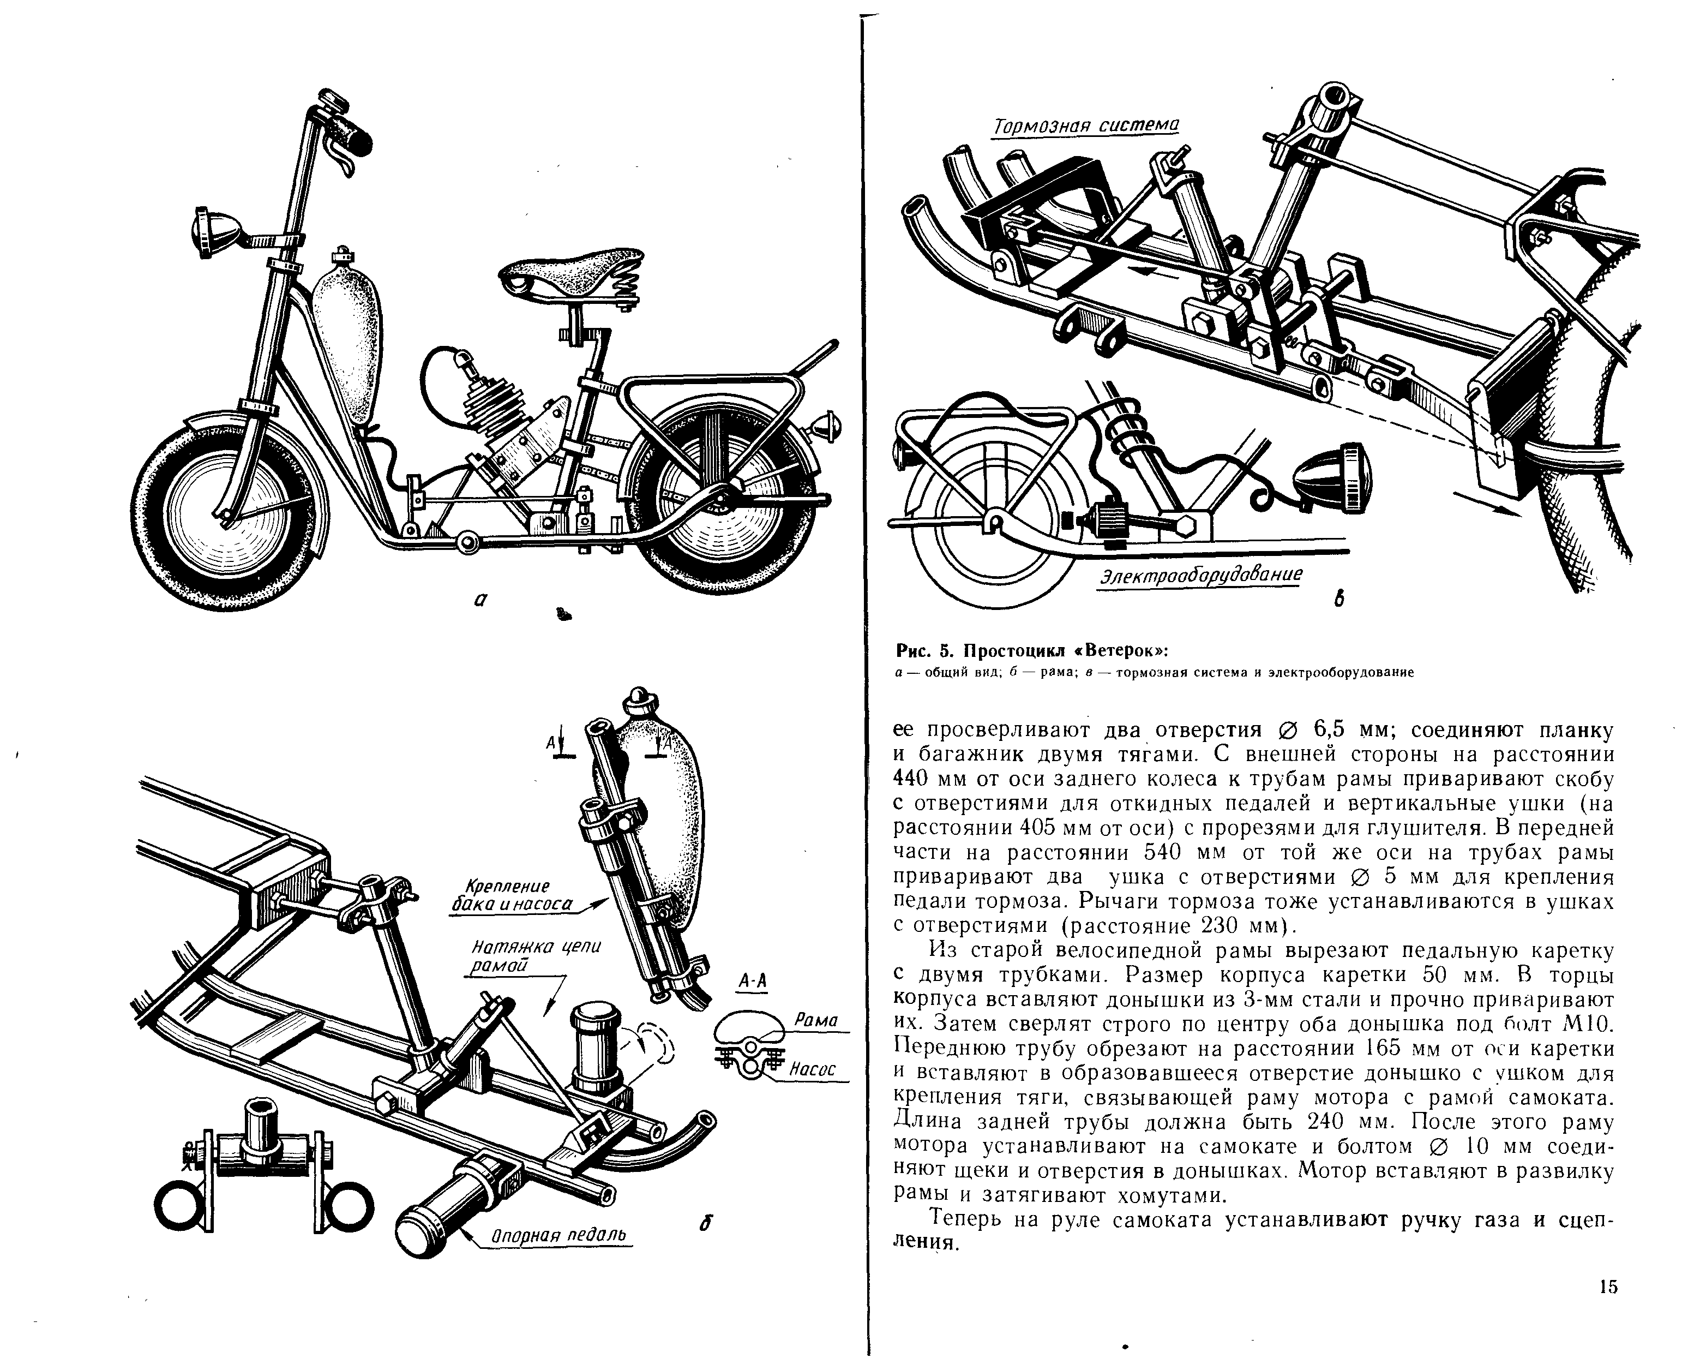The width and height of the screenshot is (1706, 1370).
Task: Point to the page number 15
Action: (1608, 1286)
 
